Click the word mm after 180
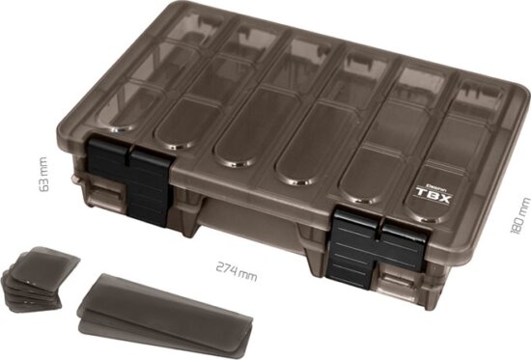(x=522, y=206)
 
